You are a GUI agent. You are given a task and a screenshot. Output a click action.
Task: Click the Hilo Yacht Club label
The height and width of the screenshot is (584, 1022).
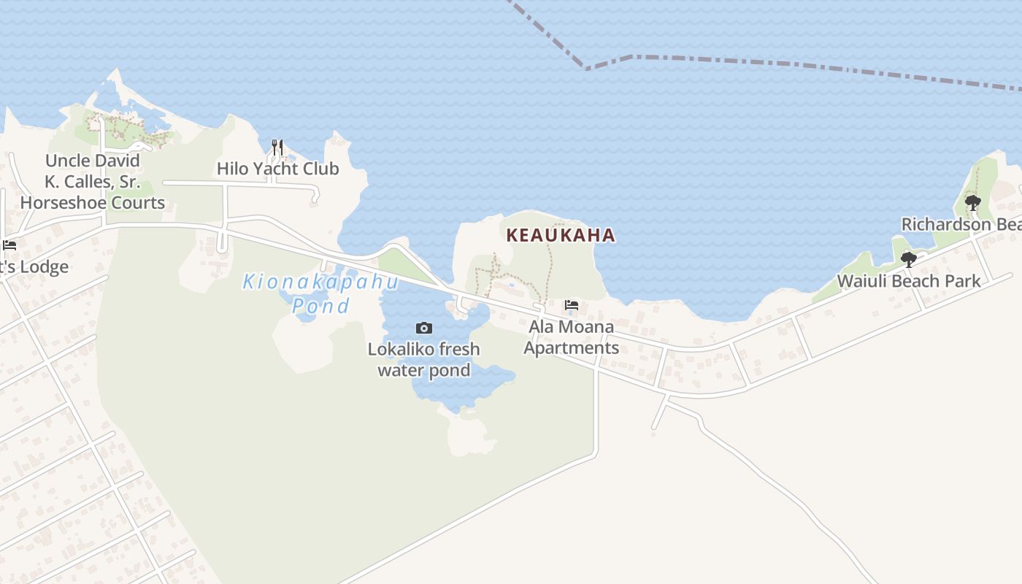(277, 169)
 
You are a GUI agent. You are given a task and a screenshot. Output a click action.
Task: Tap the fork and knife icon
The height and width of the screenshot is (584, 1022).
(277, 147)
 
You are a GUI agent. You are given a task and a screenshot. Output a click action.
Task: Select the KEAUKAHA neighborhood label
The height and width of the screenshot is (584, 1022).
(561, 235)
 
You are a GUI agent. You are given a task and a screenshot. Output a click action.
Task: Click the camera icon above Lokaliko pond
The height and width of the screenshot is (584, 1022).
(423, 328)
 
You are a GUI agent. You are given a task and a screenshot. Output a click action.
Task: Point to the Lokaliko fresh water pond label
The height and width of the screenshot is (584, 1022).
(423, 359)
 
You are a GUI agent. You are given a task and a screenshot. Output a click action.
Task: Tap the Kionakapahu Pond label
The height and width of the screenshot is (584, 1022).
(320, 292)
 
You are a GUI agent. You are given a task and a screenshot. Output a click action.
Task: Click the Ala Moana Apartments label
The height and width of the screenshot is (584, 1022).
(571, 337)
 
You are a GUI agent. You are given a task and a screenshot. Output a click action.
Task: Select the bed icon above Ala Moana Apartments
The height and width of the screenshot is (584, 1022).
(572, 305)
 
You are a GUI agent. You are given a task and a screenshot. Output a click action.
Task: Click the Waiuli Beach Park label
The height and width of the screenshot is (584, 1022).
(909, 280)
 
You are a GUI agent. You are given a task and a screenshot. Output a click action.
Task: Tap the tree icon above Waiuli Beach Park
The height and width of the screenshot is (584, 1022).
(909, 259)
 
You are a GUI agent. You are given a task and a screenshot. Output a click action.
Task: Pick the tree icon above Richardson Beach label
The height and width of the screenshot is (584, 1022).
(972, 202)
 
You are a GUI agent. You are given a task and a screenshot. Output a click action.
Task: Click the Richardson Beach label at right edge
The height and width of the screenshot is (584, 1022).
(961, 224)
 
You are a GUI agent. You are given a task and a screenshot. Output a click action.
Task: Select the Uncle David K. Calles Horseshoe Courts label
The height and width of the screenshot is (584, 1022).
(93, 182)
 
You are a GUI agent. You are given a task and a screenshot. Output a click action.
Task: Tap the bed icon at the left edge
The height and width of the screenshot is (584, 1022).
(9, 245)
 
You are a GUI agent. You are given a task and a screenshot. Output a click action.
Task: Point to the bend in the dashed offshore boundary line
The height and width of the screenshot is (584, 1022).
(586, 69)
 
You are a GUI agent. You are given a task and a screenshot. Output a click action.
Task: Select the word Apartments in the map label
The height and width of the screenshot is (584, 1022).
(571, 347)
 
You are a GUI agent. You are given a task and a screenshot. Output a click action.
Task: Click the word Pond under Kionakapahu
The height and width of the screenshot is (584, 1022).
(320, 305)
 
